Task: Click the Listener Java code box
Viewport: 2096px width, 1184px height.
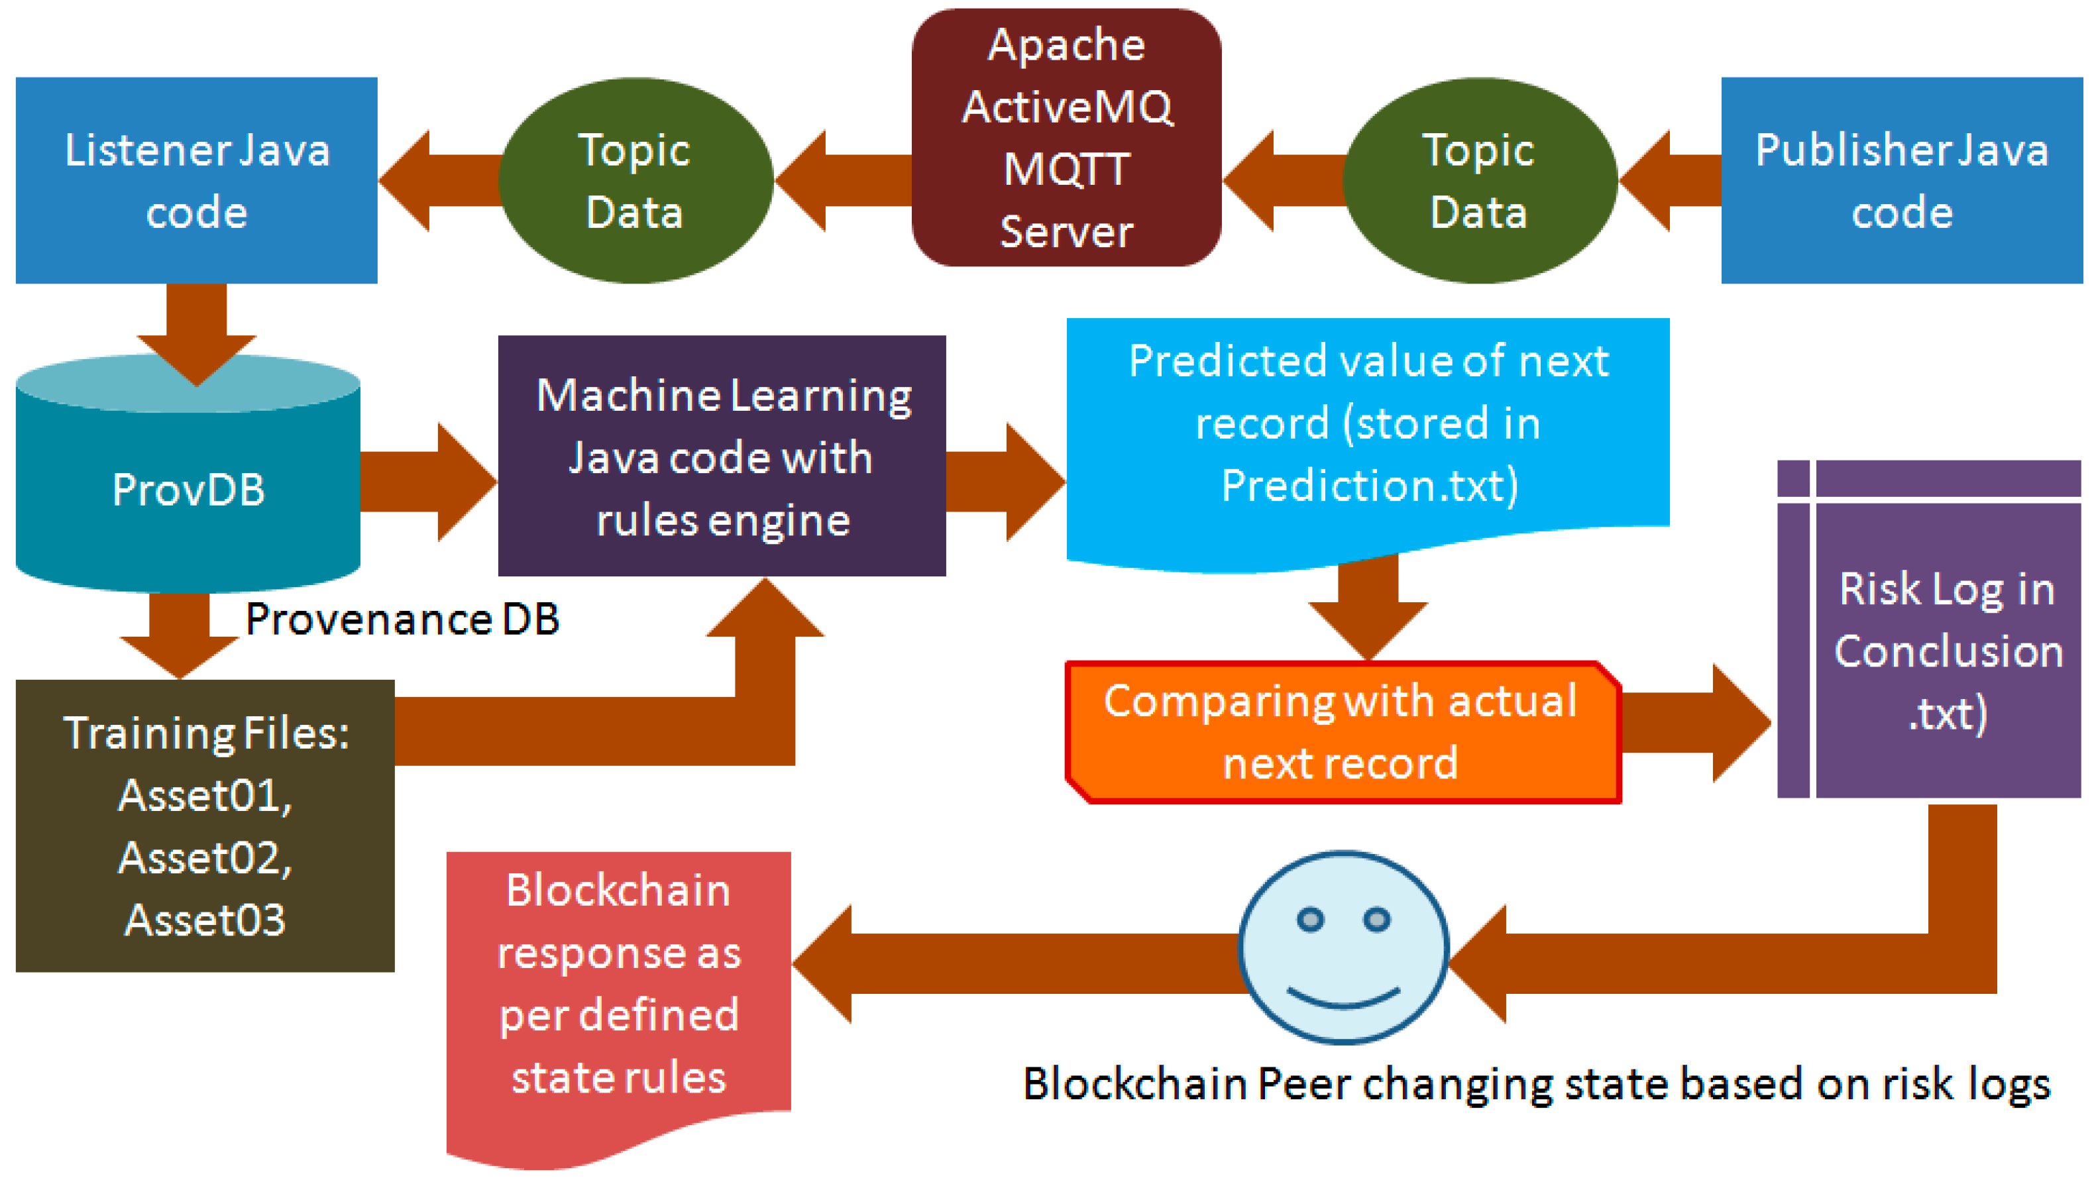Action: tap(196, 181)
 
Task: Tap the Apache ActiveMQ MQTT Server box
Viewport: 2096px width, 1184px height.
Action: tap(1066, 138)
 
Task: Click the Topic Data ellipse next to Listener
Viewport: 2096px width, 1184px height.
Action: tap(635, 181)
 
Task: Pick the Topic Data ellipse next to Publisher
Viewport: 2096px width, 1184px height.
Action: tap(1478, 181)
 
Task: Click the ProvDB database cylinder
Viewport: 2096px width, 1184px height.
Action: tap(188, 488)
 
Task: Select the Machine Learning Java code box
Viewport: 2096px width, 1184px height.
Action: tap(722, 456)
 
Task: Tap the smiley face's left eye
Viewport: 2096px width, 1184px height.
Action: tap(1310, 920)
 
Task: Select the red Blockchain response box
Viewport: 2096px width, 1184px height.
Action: tap(618, 985)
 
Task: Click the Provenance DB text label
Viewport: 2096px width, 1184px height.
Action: tap(403, 619)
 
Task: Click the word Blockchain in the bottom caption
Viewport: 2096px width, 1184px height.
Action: tap(1136, 1084)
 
